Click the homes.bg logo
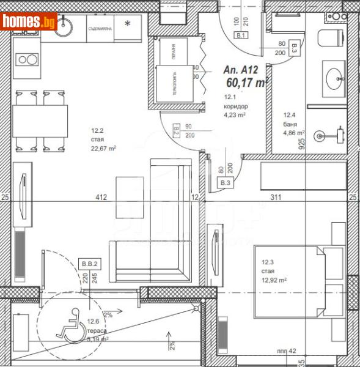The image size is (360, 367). (x=29, y=22)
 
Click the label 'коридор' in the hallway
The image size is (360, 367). (x=237, y=106)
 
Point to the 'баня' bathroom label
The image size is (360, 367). (x=290, y=123)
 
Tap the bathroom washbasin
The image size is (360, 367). (x=334, y=79)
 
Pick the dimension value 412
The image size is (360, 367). (x=101, y=197)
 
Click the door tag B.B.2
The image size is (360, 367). (x=89, y=264)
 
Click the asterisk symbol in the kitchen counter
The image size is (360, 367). (x=127, y=24)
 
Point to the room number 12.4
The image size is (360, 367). (x=289, y=114)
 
